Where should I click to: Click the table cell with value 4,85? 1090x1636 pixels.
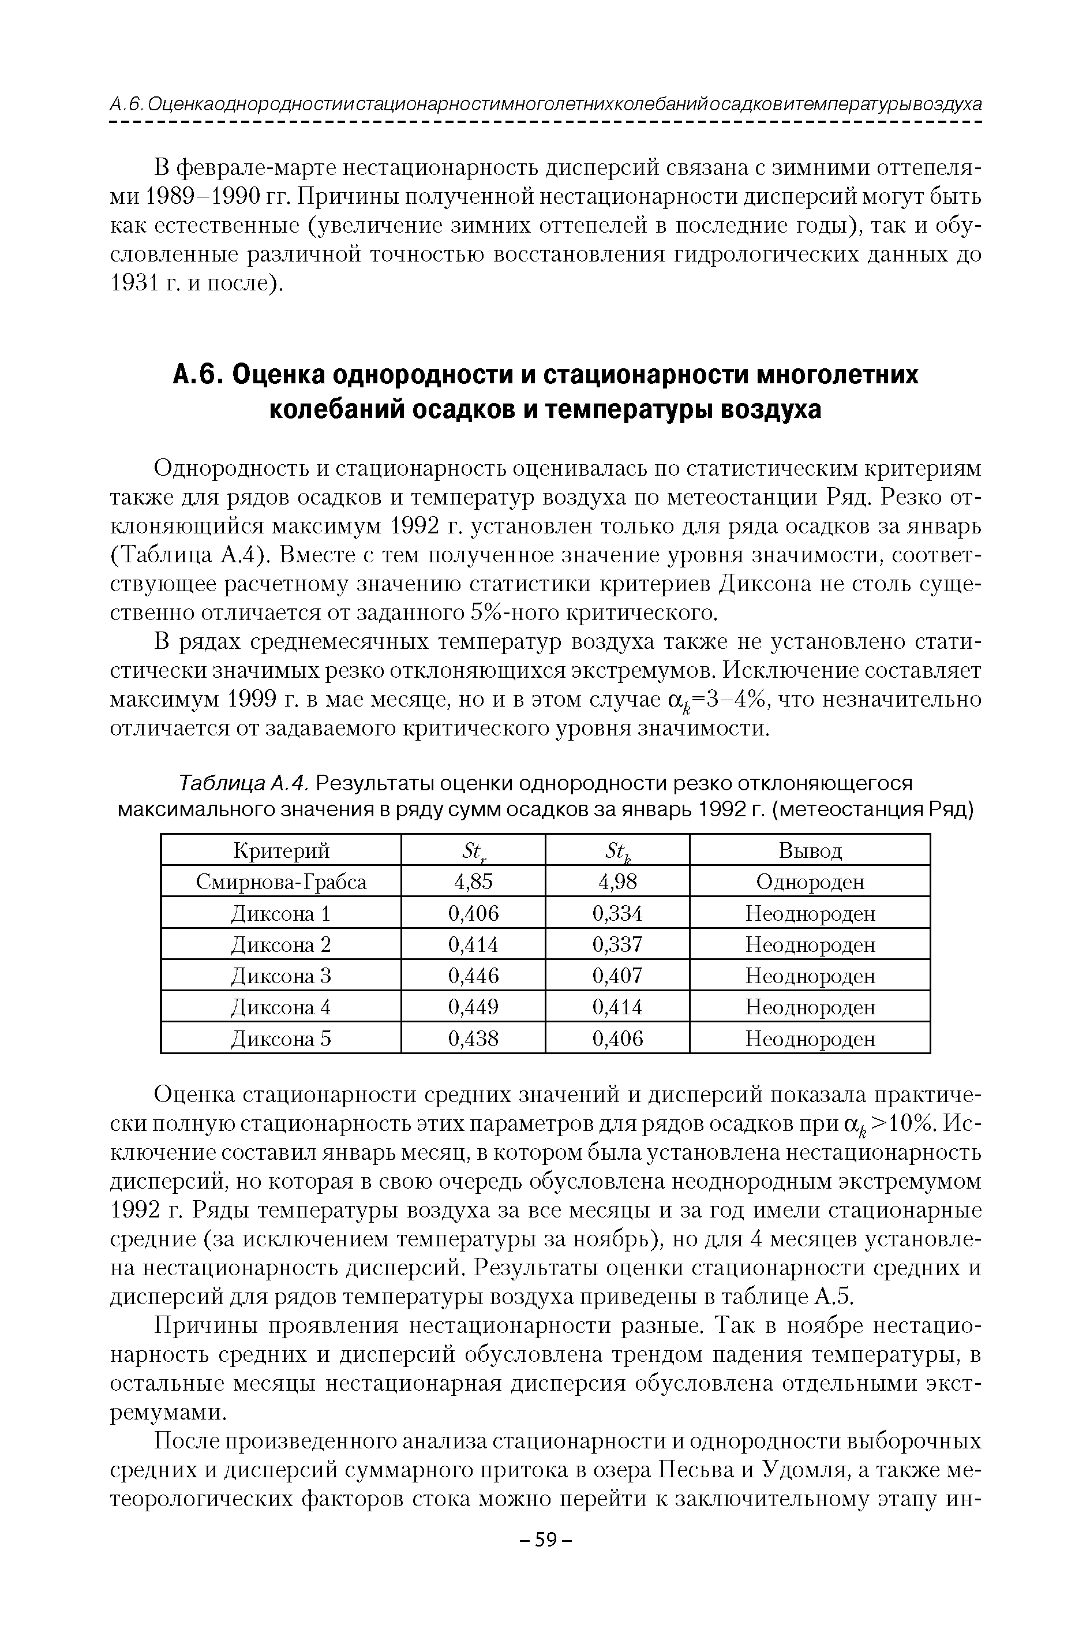473,882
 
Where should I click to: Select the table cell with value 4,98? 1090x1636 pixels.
617,882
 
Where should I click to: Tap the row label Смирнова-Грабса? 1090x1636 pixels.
281,882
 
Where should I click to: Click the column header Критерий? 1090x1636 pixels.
281,850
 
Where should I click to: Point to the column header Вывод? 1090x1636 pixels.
810,850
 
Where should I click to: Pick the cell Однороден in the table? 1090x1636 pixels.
810,882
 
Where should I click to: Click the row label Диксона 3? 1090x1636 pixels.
281,976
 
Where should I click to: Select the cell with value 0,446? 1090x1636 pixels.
473,976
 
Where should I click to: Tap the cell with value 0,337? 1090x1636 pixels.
617,944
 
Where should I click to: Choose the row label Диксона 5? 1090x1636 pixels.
281,1039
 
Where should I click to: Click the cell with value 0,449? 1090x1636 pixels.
473,1007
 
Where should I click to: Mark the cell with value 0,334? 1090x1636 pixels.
617,913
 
